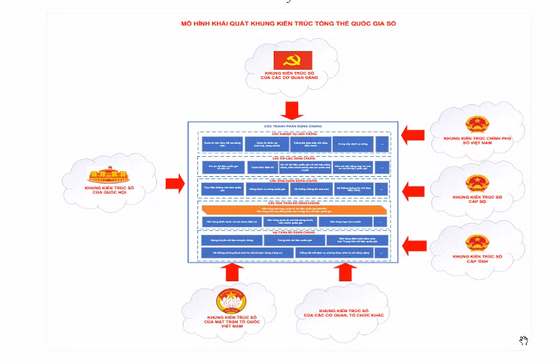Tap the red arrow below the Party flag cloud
292,110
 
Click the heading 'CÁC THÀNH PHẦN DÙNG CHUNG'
292,127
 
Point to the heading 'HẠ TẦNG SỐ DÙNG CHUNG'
292,232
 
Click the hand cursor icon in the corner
525,340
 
